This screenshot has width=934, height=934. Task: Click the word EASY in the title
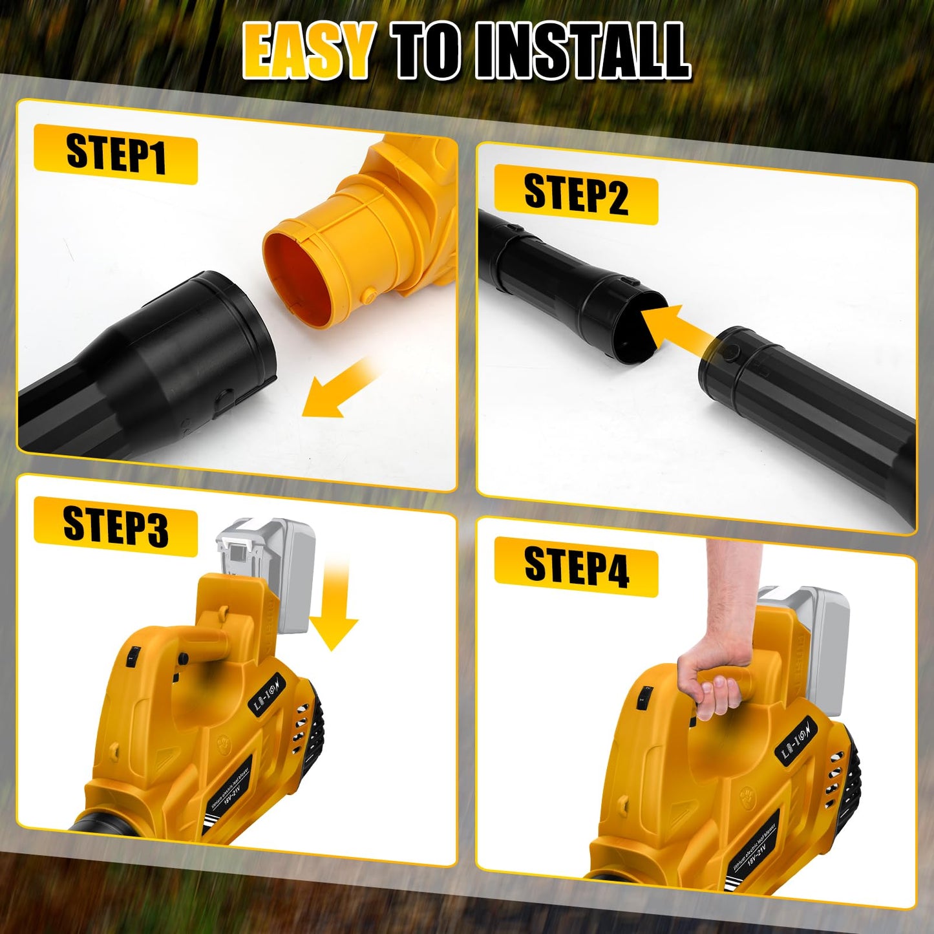(308, 50)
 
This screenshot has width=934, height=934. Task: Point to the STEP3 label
(115, 526)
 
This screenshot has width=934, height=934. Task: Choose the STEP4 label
(575, 566)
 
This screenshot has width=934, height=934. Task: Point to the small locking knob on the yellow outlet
(369, 295)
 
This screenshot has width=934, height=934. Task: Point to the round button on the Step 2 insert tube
(732, 352)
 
